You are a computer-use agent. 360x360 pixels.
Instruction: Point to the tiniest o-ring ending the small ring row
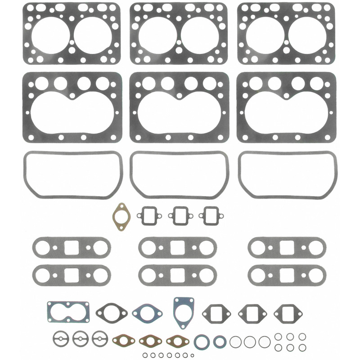click(192, 355)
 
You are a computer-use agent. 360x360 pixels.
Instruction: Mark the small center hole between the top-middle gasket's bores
click(179, 42)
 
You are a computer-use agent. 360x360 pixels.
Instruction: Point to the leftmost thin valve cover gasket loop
click(72, 174)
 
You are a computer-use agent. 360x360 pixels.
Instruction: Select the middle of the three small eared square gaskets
click(180, 215)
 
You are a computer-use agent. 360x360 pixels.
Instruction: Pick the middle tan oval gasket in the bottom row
click(151, 339)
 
